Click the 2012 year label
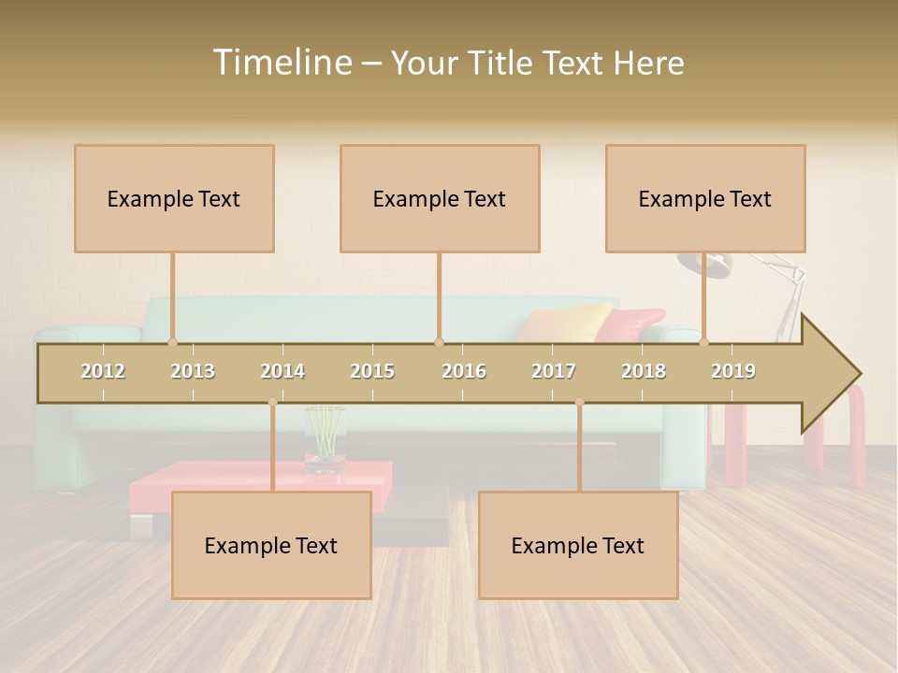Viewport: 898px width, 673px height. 103,371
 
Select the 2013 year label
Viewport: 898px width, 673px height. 193,371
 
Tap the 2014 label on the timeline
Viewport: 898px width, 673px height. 282,371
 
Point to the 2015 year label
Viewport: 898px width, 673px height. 372,371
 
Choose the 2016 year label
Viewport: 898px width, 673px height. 464,371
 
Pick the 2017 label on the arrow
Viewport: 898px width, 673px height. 554,371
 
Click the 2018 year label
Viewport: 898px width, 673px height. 644,371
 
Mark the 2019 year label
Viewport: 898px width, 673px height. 733,371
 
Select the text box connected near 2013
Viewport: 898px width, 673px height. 174,198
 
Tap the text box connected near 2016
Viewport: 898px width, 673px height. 440,198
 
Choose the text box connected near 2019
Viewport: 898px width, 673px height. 705,198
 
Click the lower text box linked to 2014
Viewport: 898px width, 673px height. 271,545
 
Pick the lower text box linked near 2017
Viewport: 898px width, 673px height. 578,545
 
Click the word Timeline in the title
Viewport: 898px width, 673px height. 280,63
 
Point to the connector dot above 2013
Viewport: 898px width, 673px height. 172,342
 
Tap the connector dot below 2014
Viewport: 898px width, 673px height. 272,402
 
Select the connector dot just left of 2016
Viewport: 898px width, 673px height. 439,342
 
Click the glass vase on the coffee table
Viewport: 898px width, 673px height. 325,439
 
